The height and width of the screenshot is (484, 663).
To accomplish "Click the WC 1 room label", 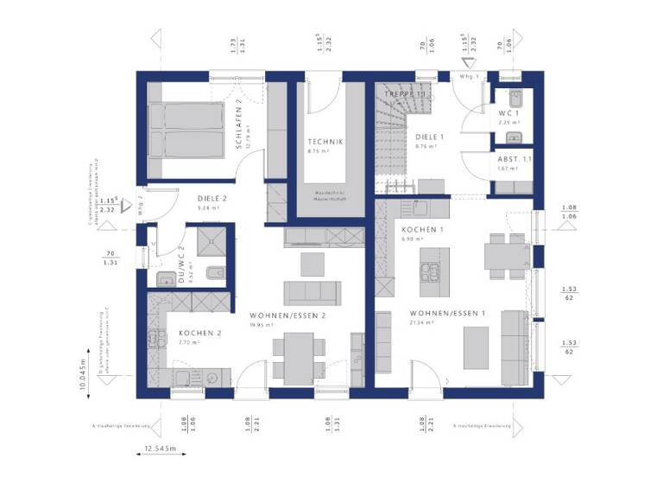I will pos(509,113).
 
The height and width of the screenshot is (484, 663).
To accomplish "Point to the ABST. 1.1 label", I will pos(515,159).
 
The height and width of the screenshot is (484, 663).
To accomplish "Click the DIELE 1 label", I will pos(428,137).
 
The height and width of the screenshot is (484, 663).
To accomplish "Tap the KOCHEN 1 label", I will pos(422,229).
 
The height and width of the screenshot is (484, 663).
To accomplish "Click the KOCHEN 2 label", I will pos(200,333).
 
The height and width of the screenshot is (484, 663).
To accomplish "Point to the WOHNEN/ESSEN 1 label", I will pos(448,313).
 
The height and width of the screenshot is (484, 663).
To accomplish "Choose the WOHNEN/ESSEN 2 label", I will pos(287,315).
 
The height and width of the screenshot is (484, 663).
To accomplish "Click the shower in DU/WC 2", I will pos(210,241).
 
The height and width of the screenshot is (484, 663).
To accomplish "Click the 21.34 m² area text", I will pos(423,323).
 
